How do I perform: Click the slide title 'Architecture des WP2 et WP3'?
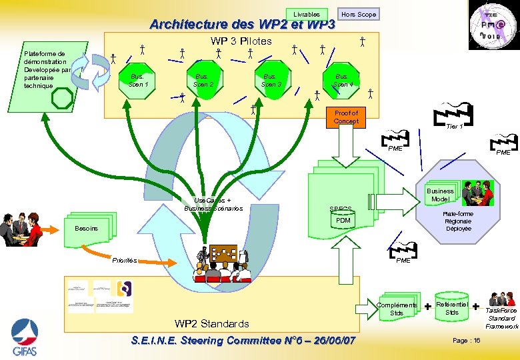242,25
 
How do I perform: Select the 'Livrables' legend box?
307,14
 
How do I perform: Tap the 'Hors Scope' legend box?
358,14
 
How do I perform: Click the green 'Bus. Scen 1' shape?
138,80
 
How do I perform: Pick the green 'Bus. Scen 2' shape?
203,80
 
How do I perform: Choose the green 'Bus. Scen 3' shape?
271,80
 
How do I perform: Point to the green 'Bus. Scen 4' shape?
343,80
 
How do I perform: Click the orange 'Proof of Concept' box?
346,117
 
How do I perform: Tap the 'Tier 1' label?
454,126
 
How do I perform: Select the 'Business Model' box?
439,195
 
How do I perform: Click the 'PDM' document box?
343,221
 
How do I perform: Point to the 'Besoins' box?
86,228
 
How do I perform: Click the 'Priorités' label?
125,261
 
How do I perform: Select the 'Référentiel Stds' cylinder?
451,307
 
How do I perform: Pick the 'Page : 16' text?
466,341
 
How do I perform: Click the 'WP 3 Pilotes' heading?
241,41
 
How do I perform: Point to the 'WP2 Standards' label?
211,324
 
